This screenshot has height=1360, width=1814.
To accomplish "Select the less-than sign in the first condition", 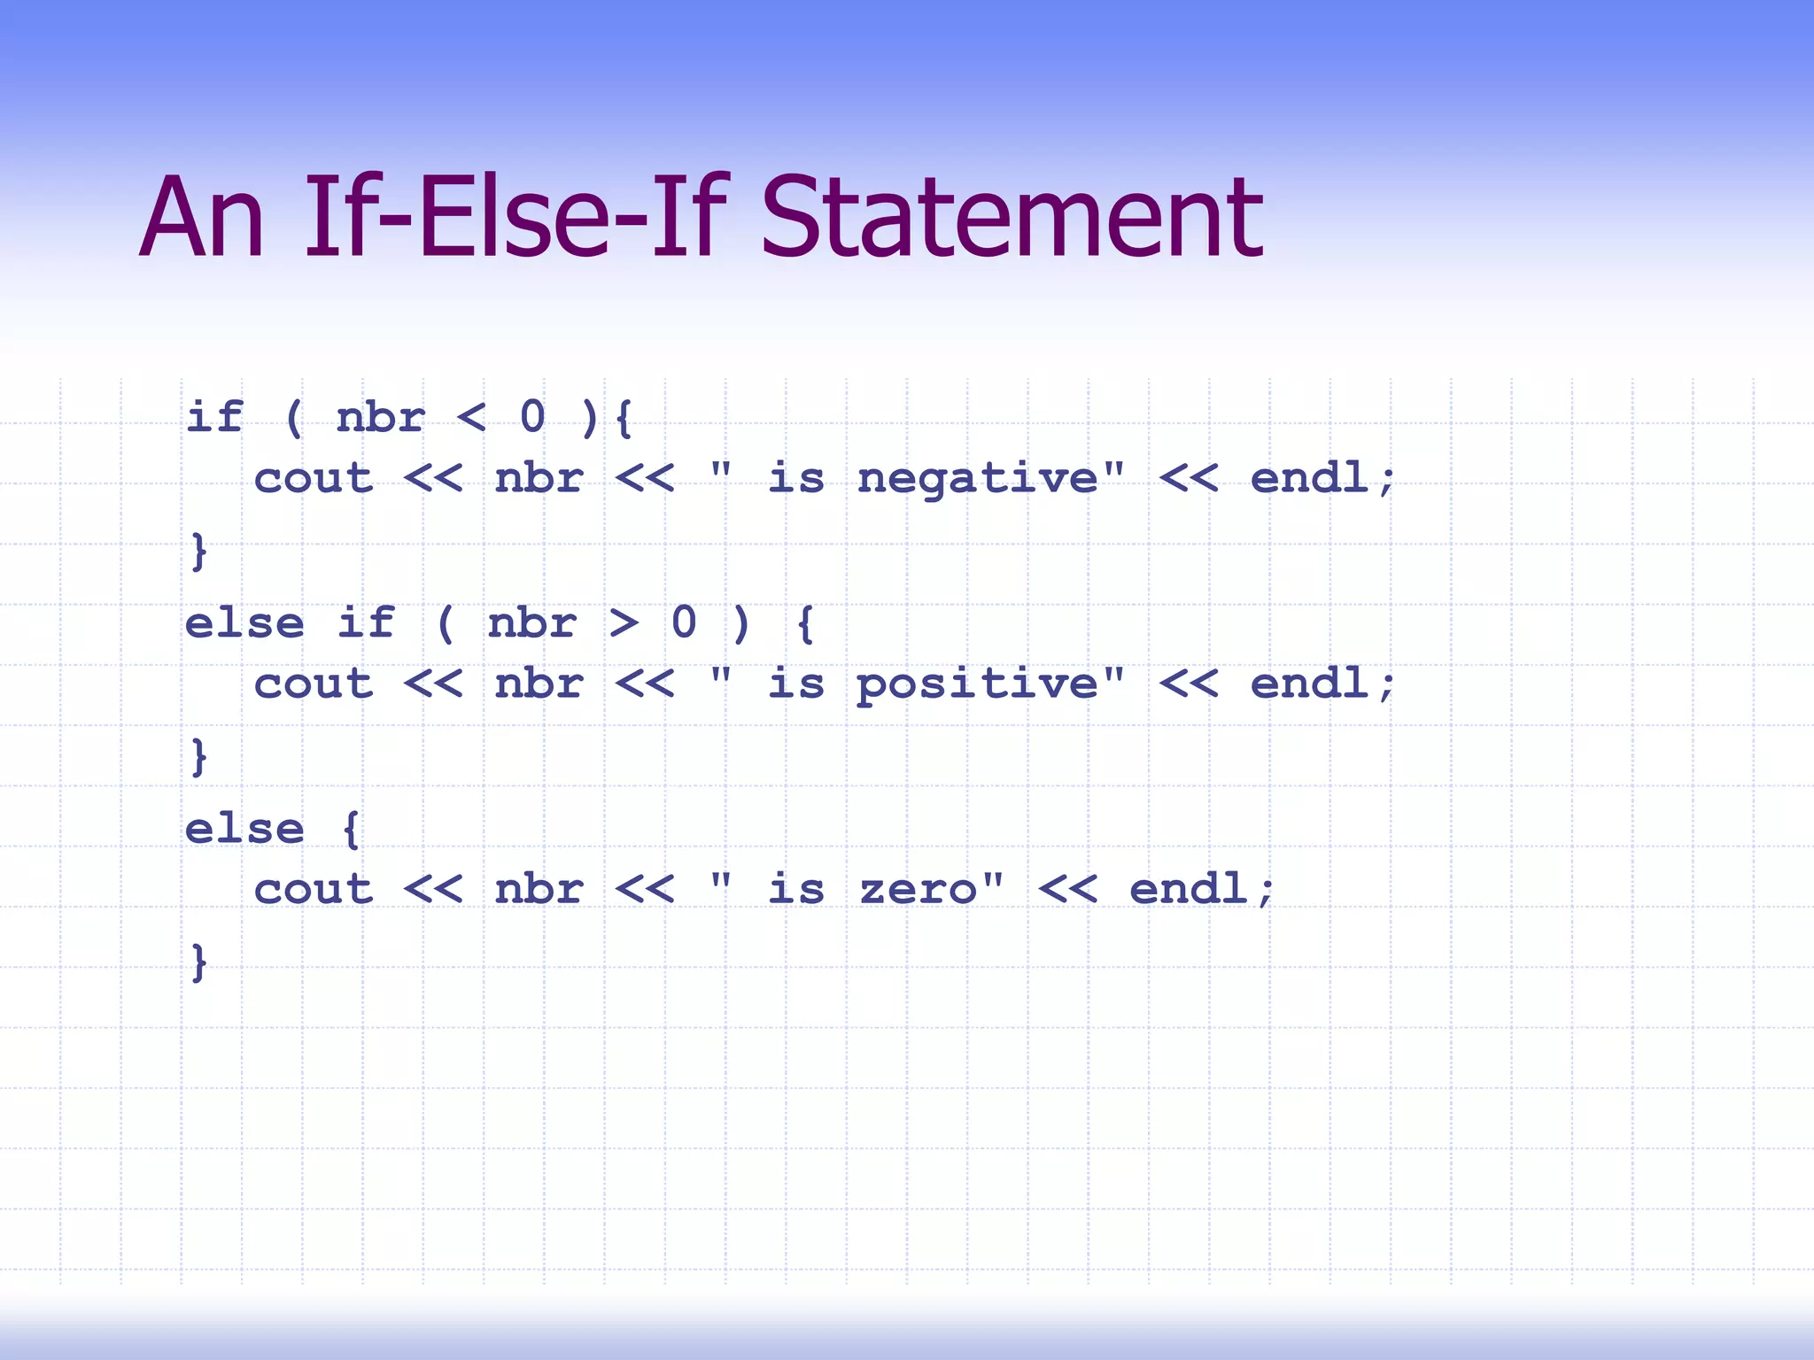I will coord(471,417).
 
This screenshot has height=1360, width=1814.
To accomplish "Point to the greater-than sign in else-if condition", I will coord(624,622).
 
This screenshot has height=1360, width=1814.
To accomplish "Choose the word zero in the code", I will coord(918,889).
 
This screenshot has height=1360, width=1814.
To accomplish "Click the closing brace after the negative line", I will coord(199,551).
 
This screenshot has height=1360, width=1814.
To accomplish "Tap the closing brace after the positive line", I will coord(199,756).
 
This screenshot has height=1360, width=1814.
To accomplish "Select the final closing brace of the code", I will coord(199,962).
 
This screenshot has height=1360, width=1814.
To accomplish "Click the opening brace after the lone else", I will coord(351,830).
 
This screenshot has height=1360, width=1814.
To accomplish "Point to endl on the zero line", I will coord(1189,888).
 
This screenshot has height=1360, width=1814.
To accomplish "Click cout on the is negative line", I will coord(314,479).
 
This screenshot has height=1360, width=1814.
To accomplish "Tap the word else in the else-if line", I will coord(244,623).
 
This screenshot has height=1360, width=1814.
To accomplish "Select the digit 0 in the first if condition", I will coord(532,417).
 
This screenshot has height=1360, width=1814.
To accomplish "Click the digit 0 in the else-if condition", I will coord(684,622).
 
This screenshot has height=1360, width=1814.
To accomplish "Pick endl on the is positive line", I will coord(1309,684).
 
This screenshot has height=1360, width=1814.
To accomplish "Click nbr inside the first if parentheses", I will coord(381,417).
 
